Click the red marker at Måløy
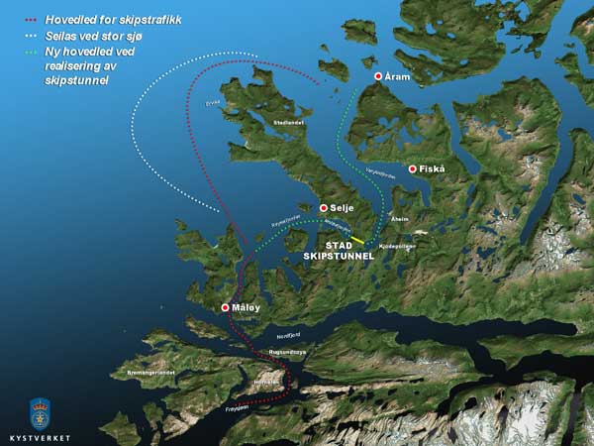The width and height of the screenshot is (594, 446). (226, 307)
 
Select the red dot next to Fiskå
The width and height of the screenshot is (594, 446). (412, 168)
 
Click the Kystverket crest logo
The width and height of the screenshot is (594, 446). (40, 411)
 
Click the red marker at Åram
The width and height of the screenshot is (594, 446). (377, 76)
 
